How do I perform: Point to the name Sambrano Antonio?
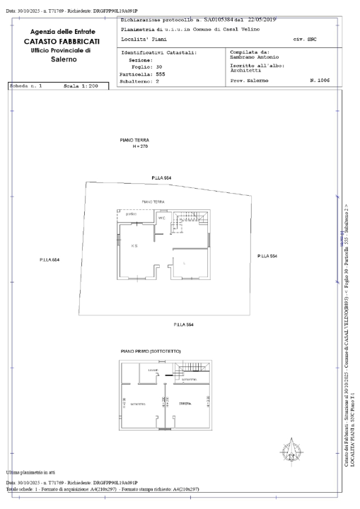[x=251, y=57]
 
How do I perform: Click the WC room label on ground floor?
[x=161, y=218]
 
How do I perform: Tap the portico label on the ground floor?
[x=132, y=214]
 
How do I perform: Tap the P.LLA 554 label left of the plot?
[x=50, y=260]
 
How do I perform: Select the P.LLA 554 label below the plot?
[x=183, y=324]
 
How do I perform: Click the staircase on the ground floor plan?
[x=191, y=219]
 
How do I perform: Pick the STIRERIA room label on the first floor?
[x=185, y=403]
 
